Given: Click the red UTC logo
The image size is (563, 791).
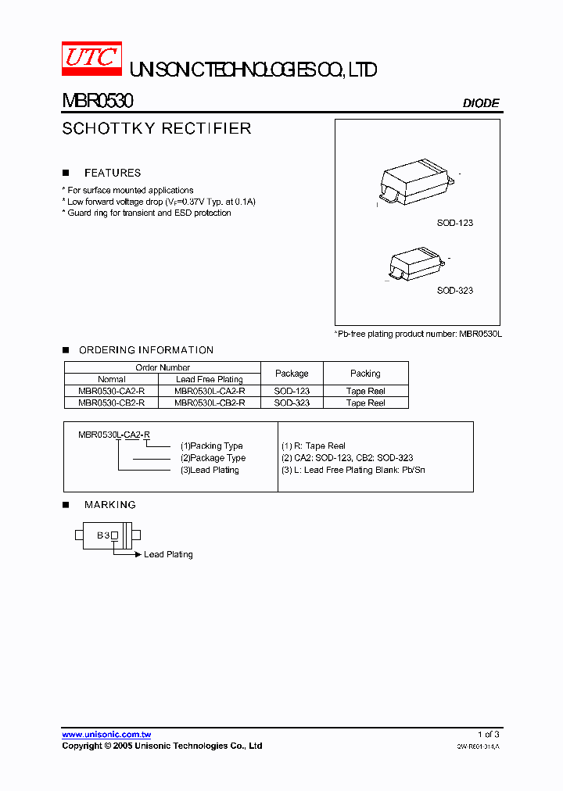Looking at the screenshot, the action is point(91,58).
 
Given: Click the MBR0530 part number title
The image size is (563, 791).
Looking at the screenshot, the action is point(98,102).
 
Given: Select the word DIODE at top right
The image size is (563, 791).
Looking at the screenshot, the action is point(481,102).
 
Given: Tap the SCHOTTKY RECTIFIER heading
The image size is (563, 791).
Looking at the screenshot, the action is point(156,128).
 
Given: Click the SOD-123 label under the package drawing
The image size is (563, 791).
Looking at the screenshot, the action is point(454,223).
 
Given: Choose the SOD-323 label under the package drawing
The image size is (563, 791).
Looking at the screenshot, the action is point(454,290).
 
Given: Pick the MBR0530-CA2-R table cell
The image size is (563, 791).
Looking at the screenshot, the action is point(112,391).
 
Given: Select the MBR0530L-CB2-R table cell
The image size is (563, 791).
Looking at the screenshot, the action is point(210,403).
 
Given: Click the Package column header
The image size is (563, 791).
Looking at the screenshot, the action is point(292,374).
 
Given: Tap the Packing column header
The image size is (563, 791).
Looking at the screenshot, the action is point(365,374).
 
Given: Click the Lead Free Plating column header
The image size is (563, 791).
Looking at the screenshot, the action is point(210,379).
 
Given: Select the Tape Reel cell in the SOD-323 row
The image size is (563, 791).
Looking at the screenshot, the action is point(365,403).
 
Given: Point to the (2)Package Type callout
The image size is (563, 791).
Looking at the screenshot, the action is point(213,458).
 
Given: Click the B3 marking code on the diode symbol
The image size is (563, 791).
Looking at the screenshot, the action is point(102,535).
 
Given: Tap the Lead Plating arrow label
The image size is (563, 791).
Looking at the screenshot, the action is point(168,554).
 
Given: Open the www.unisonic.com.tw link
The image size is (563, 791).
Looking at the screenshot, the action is point(106,735).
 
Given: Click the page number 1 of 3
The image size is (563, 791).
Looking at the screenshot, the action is point(488,734).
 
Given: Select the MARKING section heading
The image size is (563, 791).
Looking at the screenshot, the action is point(110,505).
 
